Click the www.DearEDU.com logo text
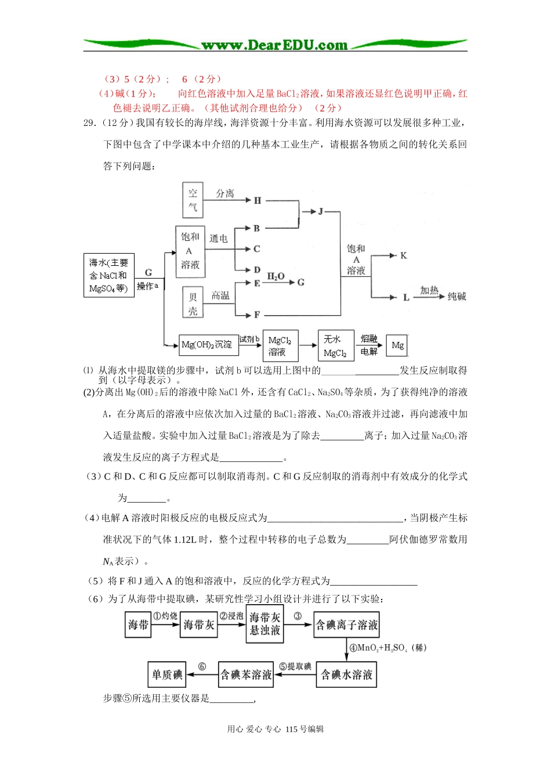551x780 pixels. (x=274, y=45)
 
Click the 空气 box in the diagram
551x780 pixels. (x=193, y=200)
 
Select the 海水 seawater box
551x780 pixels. (x=108, y=276)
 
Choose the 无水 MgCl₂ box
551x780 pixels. (x=335, y=346)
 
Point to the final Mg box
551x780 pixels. (x=397, y=345)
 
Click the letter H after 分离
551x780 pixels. (x=258, y=200)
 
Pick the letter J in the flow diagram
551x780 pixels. (x=320, y=211)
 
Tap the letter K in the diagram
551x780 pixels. (x=404, y=255)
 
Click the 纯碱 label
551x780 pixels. (x=456, y=297)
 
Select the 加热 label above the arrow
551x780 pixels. (x=429, y=290)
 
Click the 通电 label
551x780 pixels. (x=219, y=239)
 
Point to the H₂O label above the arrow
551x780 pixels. (x=275, y=276)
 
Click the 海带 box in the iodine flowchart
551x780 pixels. (x=138, y=624)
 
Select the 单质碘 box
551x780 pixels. (x=167, y=674)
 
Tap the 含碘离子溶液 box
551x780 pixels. (x=346, y=624)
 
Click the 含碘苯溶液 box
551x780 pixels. (x=246, y=674)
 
